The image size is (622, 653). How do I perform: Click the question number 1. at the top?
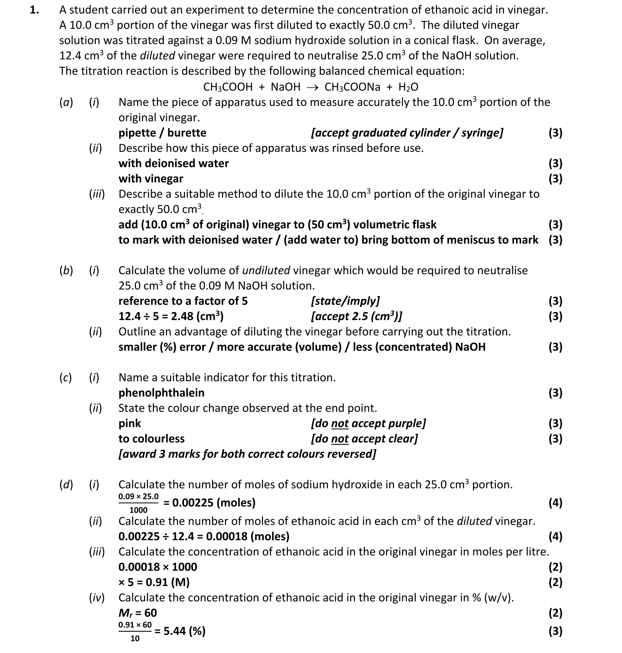[34, 10]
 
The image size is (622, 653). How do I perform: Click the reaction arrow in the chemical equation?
[312, 87]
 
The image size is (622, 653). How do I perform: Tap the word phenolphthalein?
[161, 393]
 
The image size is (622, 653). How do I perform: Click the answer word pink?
[130, 423]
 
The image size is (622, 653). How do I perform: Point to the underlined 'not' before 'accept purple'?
[340, 423]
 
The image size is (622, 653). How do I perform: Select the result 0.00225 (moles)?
[214, 502]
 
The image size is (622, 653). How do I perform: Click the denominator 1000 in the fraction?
[138, 510]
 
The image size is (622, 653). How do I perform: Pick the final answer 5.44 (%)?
[184, 631]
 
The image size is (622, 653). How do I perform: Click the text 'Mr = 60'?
[137, 613]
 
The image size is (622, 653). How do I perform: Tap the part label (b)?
[66, 271]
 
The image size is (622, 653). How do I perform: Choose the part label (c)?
[65, 378]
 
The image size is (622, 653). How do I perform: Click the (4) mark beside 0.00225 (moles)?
[555, 502]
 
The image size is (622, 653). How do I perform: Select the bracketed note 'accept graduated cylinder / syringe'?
[407, 133]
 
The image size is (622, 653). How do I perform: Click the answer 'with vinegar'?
[151, 179]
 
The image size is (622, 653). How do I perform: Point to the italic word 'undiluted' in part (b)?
[266, 271]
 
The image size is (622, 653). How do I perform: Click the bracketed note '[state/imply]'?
[345, 301]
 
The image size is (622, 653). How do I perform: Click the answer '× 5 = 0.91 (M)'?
[154, 582]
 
